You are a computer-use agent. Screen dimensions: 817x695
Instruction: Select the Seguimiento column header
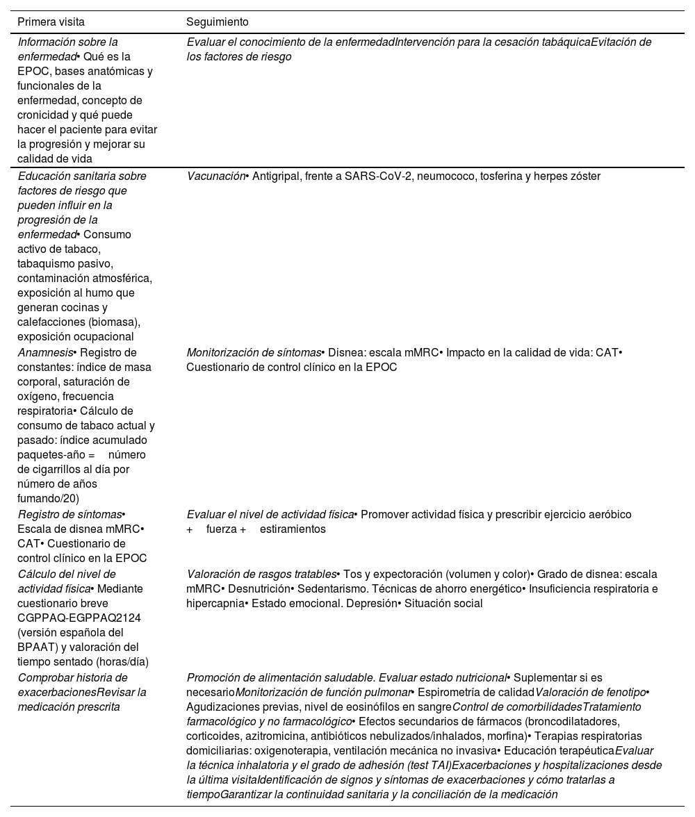[x=218, y=22]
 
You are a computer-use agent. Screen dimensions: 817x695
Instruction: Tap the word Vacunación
[x=215, y=176]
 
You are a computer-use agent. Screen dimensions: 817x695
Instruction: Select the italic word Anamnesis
[x=44, y=352]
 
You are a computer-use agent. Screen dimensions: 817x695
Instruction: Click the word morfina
[x=508, y=736]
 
